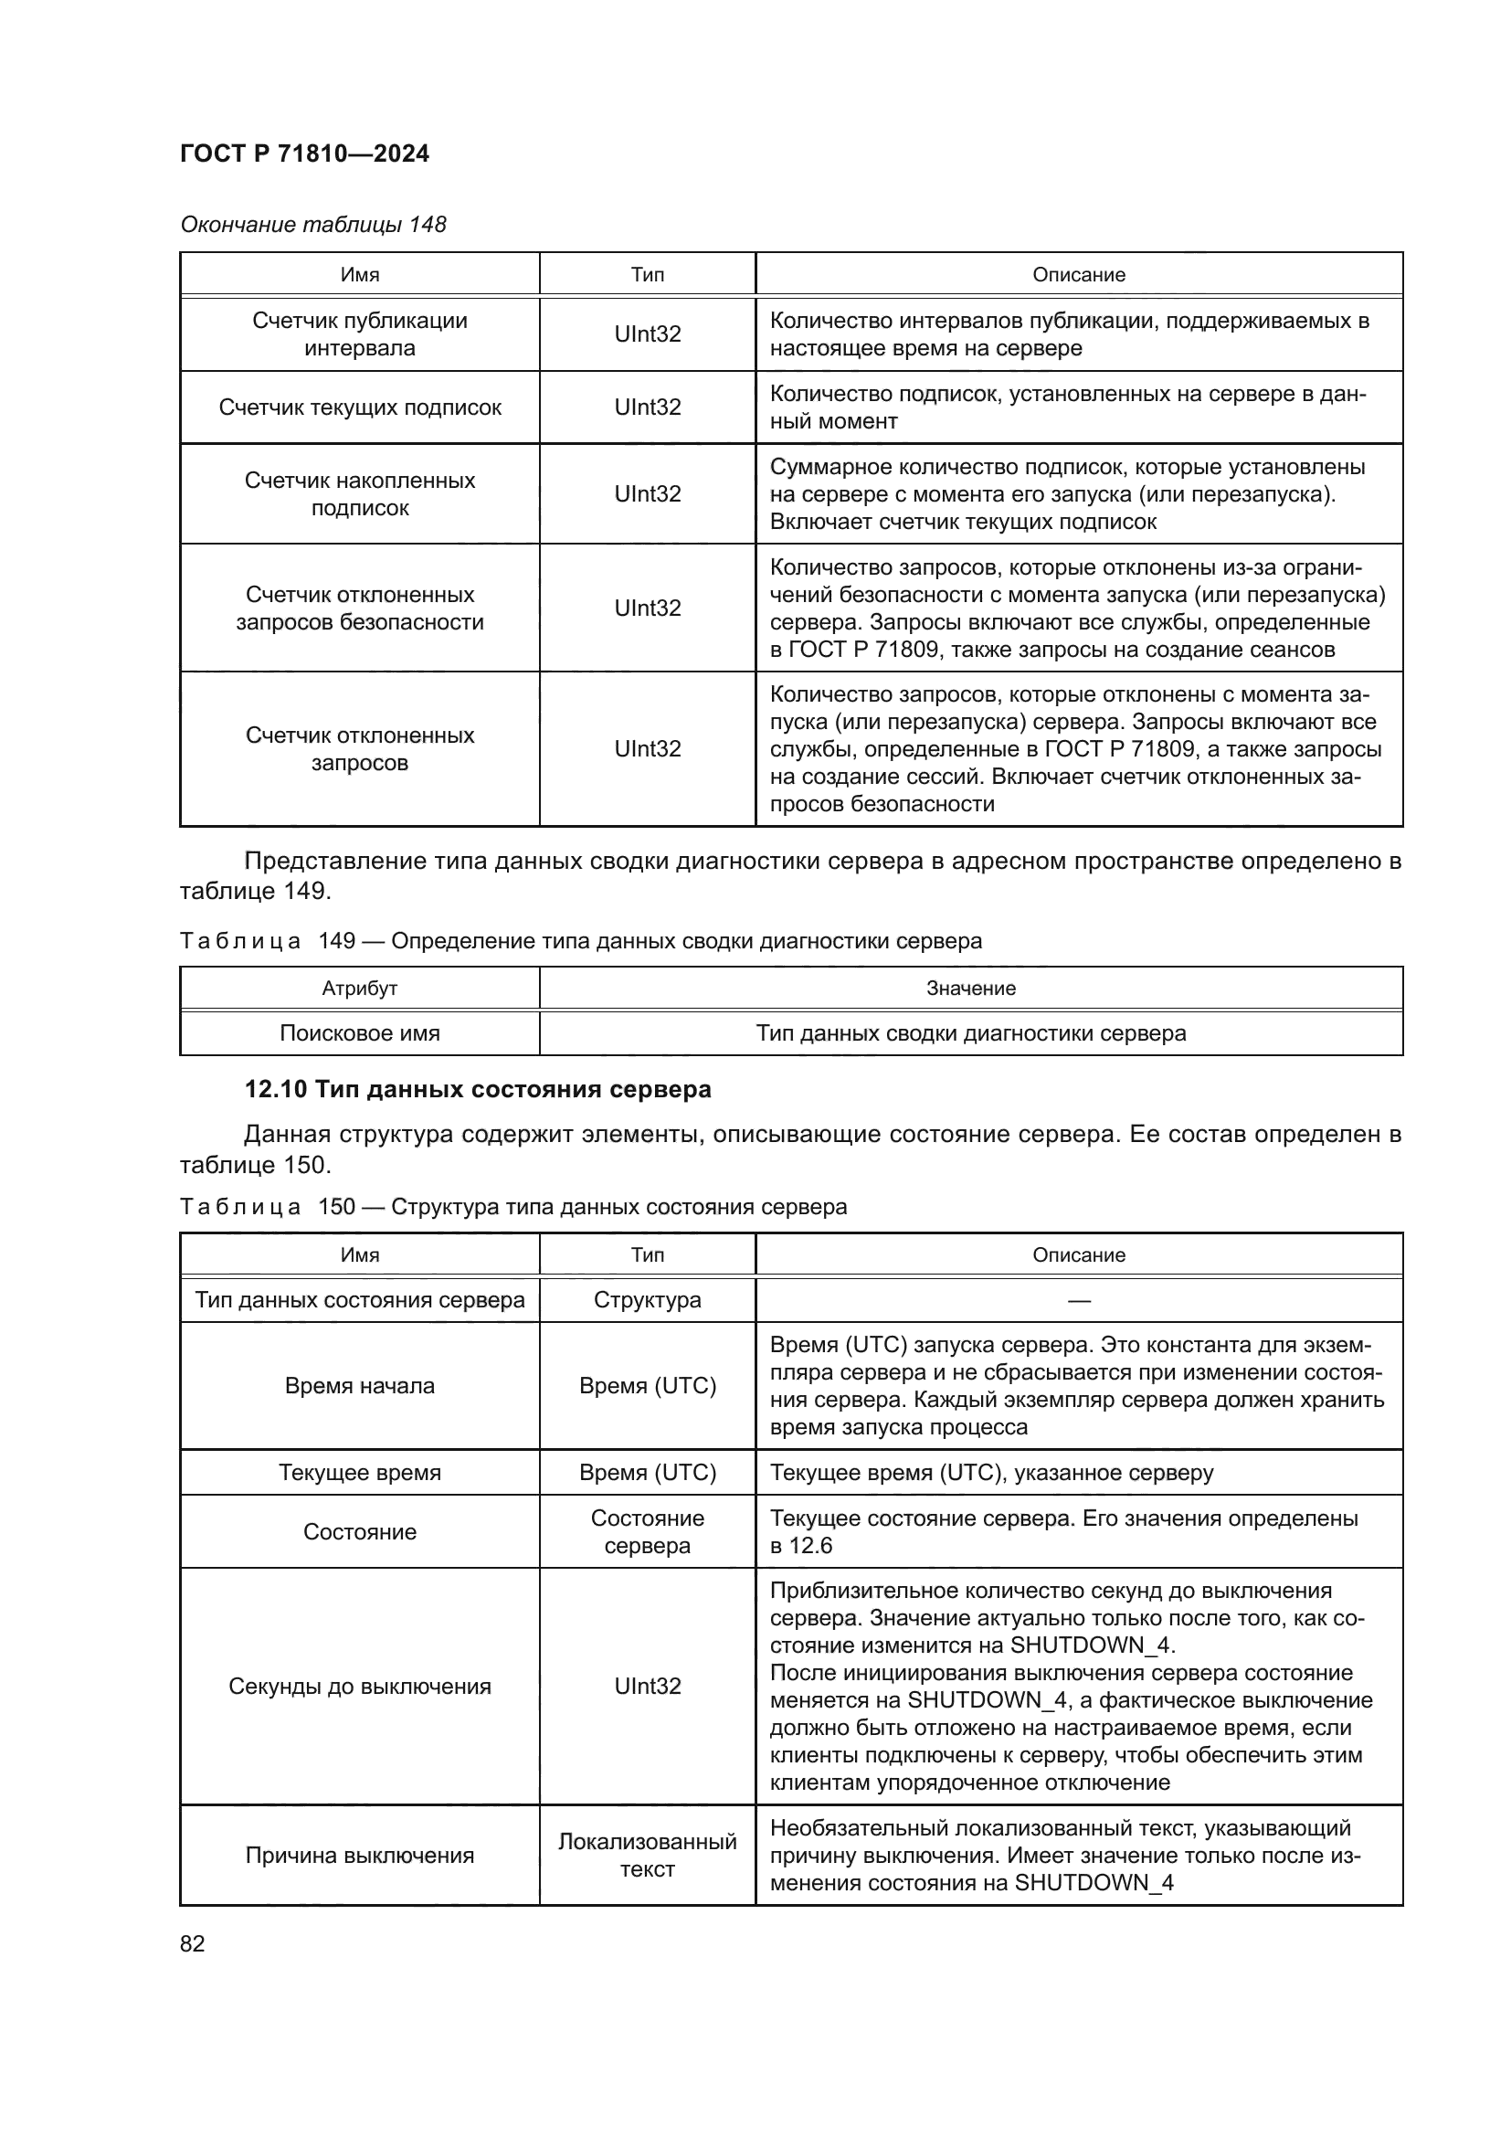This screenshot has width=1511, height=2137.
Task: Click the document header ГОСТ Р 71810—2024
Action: click(304, 153)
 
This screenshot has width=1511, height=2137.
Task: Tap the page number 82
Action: click(193, 1943)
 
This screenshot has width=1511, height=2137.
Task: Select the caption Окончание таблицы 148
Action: click(312, 225)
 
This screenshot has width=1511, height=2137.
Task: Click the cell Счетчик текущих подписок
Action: click(359, 407)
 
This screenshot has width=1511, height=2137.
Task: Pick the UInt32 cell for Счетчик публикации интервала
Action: click(648, 334)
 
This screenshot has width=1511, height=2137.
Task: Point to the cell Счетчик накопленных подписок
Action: click(359, 494)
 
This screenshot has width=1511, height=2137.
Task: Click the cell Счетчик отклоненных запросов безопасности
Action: click(359, 608)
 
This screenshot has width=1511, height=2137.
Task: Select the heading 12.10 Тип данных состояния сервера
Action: click(477, 1089)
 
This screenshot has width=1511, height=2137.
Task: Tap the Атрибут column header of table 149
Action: click(359, 989)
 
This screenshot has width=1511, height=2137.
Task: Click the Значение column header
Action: click(970, 989)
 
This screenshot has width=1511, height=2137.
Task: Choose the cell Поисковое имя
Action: click(359, 1033)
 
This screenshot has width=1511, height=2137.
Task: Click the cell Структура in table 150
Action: click(648, 1300)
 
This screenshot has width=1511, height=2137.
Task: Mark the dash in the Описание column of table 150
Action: click(1078, 1301)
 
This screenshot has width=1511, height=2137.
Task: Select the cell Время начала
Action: click(359, 1386)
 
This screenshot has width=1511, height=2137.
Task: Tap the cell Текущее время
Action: click(359, 1473)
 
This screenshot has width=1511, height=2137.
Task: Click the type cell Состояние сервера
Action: click(648, 1532)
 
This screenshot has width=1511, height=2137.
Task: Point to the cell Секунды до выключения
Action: click(359, 1687)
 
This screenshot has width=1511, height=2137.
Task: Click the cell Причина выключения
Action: click(359, 1856)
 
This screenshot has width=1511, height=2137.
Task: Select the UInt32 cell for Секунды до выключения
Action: click(648, 1687)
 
